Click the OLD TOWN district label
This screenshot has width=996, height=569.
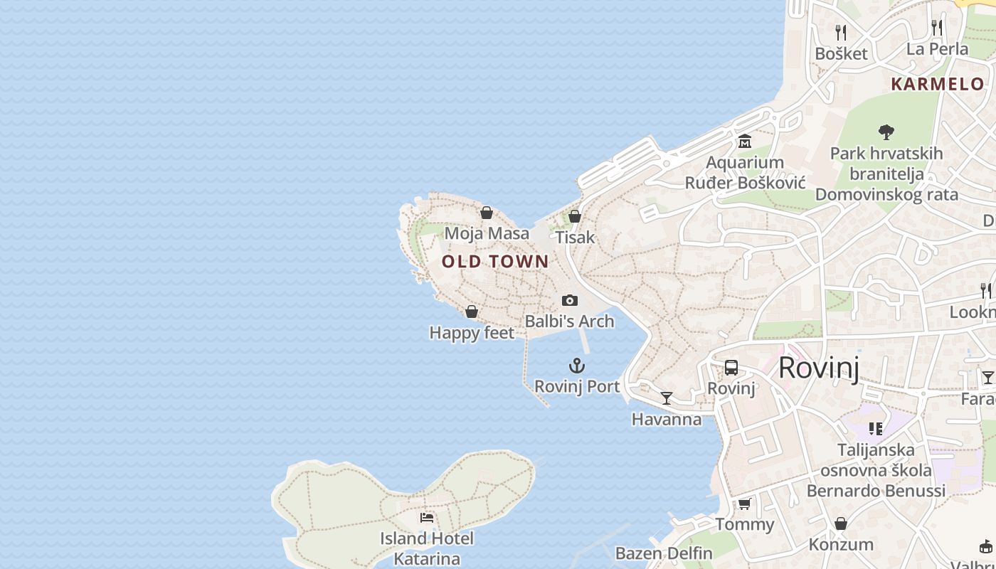tap(495, 262)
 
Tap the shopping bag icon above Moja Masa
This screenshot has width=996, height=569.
tap(487, 213)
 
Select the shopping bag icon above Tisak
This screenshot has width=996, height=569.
tap(575, 216)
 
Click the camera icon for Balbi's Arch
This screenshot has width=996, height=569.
tap(570, 301)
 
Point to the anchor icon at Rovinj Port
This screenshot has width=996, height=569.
tap(577, 366)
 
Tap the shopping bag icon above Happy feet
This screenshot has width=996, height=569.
tap(471, 312)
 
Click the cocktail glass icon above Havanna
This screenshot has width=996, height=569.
tap(667, 398)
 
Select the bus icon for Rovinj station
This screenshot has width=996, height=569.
tap(731, 368)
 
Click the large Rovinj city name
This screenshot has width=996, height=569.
tap(818, 368)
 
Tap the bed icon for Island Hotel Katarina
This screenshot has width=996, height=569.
tap(427, 518)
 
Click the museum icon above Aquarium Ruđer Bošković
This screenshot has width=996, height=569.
tap(745, 142)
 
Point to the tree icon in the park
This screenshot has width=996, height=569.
tap(886, 132)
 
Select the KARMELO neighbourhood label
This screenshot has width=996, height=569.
tap(937, 84)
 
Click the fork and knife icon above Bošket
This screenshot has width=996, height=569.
tap(841, 32)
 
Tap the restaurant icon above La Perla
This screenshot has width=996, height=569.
tap(937, 28)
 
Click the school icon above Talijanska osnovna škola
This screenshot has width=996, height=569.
tap(876, 429)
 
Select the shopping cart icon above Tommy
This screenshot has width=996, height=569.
tap(744, 504)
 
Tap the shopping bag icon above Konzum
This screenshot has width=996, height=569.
tap(841, 524)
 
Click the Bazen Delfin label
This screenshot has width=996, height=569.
tap(664, 553)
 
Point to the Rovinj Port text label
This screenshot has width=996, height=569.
tap(577, 387)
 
